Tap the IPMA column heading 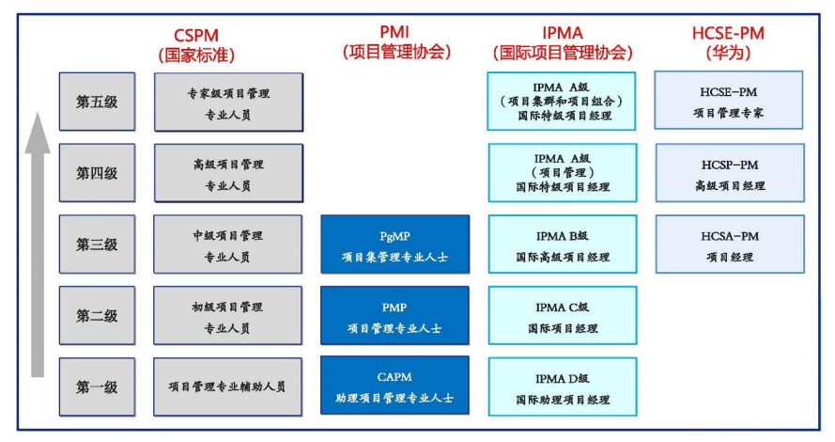pyautogui.click(x=562, y=42)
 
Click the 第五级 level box pyautogui.click(x=97, y=102)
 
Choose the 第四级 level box pyautogui.click(x=97, y=173)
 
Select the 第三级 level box pyautogui.click(x=97, y=245)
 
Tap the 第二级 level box pyautogui.click(x=97, y=316)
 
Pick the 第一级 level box pyautogui.click(x=97, y=387)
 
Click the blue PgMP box pyautogui.click(x=394, y=245)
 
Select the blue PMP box pyautogui.click(x=394, y=316)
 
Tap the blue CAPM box pyautogui.click(x=394, y=387)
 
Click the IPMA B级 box pyautogui.click(x=562, y=245)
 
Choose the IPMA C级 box pyautogui.click(x=562, y=316)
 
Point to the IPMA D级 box pyautogui.click(x=562, y=387)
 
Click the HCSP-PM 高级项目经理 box pyautogui.click(x=729, y=173)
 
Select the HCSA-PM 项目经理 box pyautogui.click(x=729, y=245)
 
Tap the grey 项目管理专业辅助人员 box pyautogui.click(x=228, y=387)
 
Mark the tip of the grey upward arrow pyautogui.click(x=38, y=113)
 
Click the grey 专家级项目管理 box pyautogui.click(x=228, y=102)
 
